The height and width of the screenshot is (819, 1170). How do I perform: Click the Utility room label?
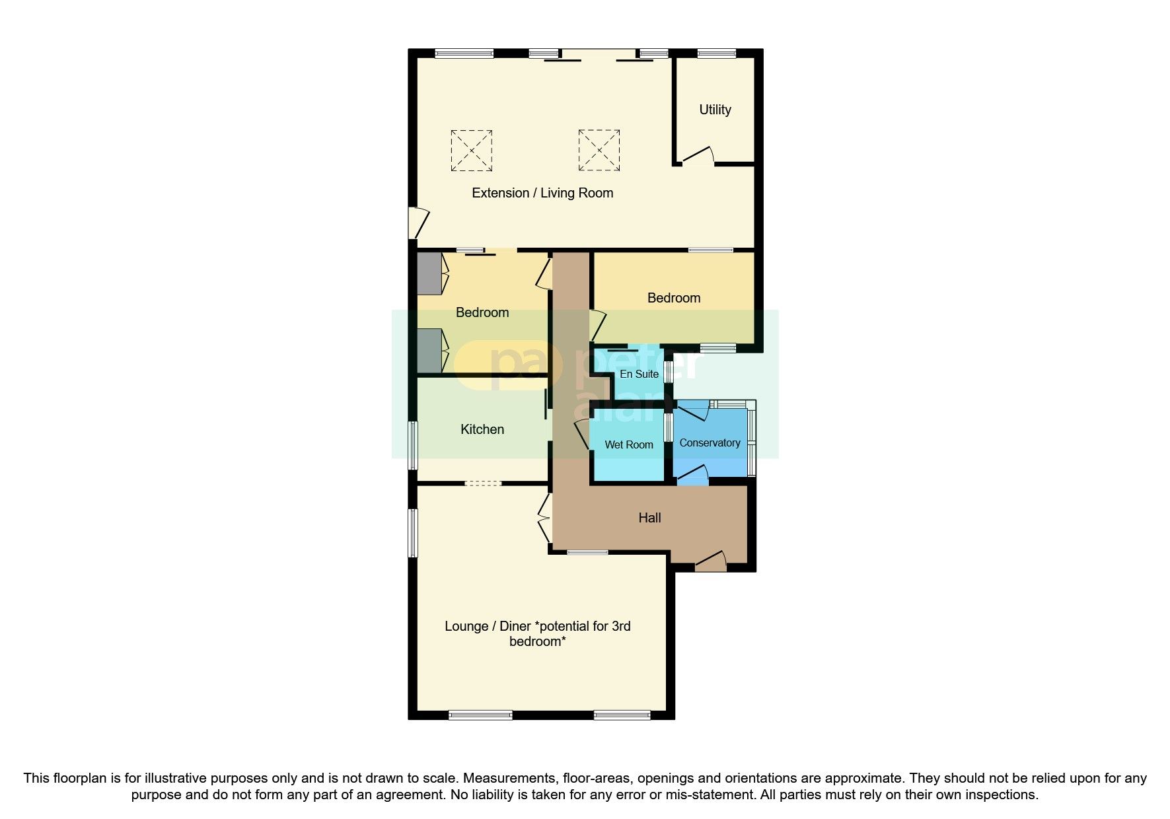[x=715, y=110]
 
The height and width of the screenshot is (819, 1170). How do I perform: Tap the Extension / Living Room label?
[x=542, y=193]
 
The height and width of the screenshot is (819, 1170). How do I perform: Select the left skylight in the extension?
[x=472, y=150]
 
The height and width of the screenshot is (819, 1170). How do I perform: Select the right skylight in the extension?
[x=599, y=150]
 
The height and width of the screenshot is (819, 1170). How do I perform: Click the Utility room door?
[x=698, y=156]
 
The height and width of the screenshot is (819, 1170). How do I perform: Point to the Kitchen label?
[x=482, y=429]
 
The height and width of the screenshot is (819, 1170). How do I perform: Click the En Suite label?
[x=639, y=374]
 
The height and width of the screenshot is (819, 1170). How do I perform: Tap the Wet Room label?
[x=629, y=445]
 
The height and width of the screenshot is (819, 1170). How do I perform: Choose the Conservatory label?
[x=710, y=443]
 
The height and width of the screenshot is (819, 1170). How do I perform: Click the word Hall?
[x=649, y=518]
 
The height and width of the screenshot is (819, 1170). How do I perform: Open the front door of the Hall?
[x=711, y=561]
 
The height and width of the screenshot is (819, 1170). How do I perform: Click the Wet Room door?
[x=582, y=434]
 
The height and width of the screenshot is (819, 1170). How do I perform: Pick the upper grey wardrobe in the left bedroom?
[x=429, y=273]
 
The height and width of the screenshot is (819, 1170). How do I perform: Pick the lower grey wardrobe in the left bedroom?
[x=429, y=351]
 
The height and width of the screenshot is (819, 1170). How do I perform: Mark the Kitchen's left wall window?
[x=413, y=445]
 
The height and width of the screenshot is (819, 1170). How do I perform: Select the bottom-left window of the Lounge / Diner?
[x=480, y=715]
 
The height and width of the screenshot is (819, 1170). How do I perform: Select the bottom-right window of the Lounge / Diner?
[x=622, y=715]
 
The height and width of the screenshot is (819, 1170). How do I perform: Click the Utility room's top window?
[x=717, y=53]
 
